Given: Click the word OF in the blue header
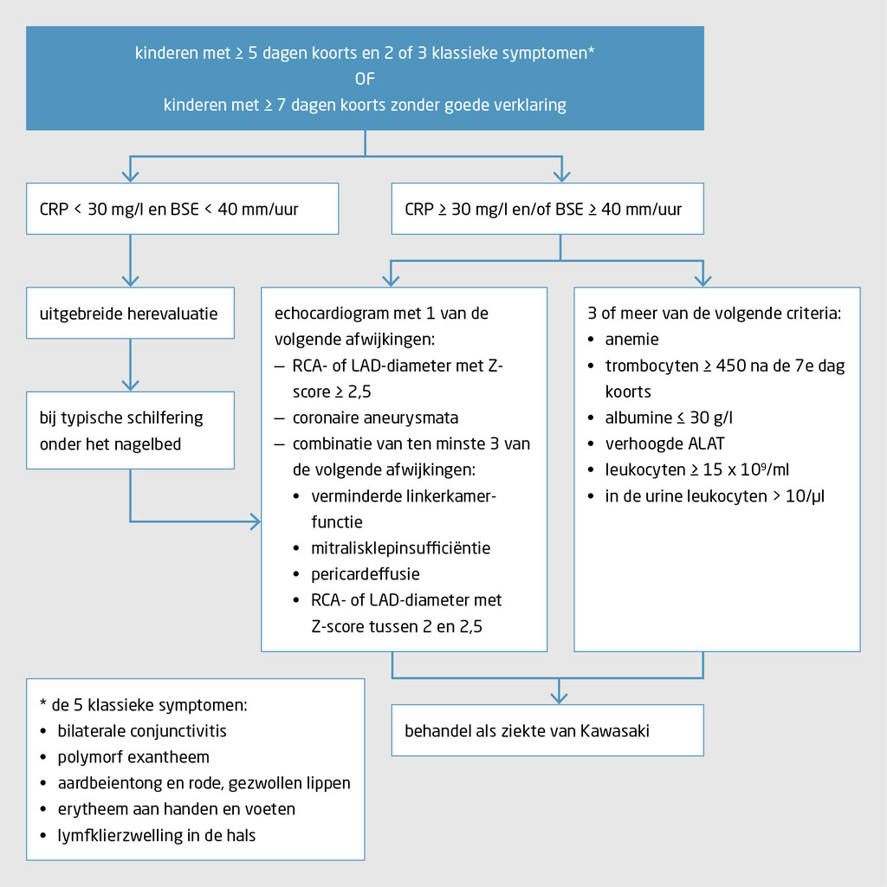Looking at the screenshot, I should [x=364, y=79].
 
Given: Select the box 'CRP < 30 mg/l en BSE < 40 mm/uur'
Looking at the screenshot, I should [x=182, y=209].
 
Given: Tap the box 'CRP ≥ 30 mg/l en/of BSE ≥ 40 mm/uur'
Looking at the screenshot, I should [x=547, y=209].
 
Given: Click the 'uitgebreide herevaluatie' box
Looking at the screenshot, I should [x=130, y=313].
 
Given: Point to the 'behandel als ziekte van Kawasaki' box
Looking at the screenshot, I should [x=547, y=730].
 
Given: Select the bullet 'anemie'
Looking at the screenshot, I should [x=631, y=340].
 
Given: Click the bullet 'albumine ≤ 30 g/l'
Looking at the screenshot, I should [x=669, y=418].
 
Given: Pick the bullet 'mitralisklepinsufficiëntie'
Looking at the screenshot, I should [x=400, y=547].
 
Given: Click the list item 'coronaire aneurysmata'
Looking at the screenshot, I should [x=375, y=418].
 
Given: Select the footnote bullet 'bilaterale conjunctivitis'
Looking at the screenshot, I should [x=141, y=730].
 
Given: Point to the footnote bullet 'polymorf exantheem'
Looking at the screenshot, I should [x=133, y=757].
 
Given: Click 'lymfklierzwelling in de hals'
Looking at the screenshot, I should [x=156, y=835].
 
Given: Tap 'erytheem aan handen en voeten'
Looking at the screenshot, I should [x=176, y=809].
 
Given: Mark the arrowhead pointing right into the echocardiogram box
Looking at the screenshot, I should [x=255, y=521].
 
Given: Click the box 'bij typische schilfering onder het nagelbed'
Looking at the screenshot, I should [x=130, y=430].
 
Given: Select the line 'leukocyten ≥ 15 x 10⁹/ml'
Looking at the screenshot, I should [x=696, y=469].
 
